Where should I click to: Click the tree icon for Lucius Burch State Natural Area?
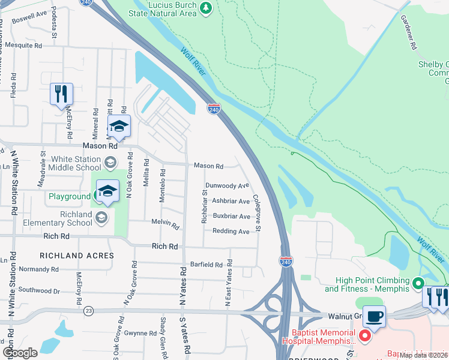(x=206, y=7)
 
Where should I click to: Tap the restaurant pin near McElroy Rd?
(x=61, y=95)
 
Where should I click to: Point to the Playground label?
(x=69, y=196)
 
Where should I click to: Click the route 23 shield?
(x=89, y=310)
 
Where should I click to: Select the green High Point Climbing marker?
(x=419, y=282)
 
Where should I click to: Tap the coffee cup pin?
(x=375, y=317)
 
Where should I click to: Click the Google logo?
(x=20, y=353)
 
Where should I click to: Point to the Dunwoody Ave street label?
(x=227, y=186)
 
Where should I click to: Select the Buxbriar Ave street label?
(x=231, y=216)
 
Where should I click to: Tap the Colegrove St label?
(x=256, y=212)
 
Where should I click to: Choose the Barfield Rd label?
(x=206, y=264)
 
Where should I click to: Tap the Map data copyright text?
(x=423, y=355)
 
